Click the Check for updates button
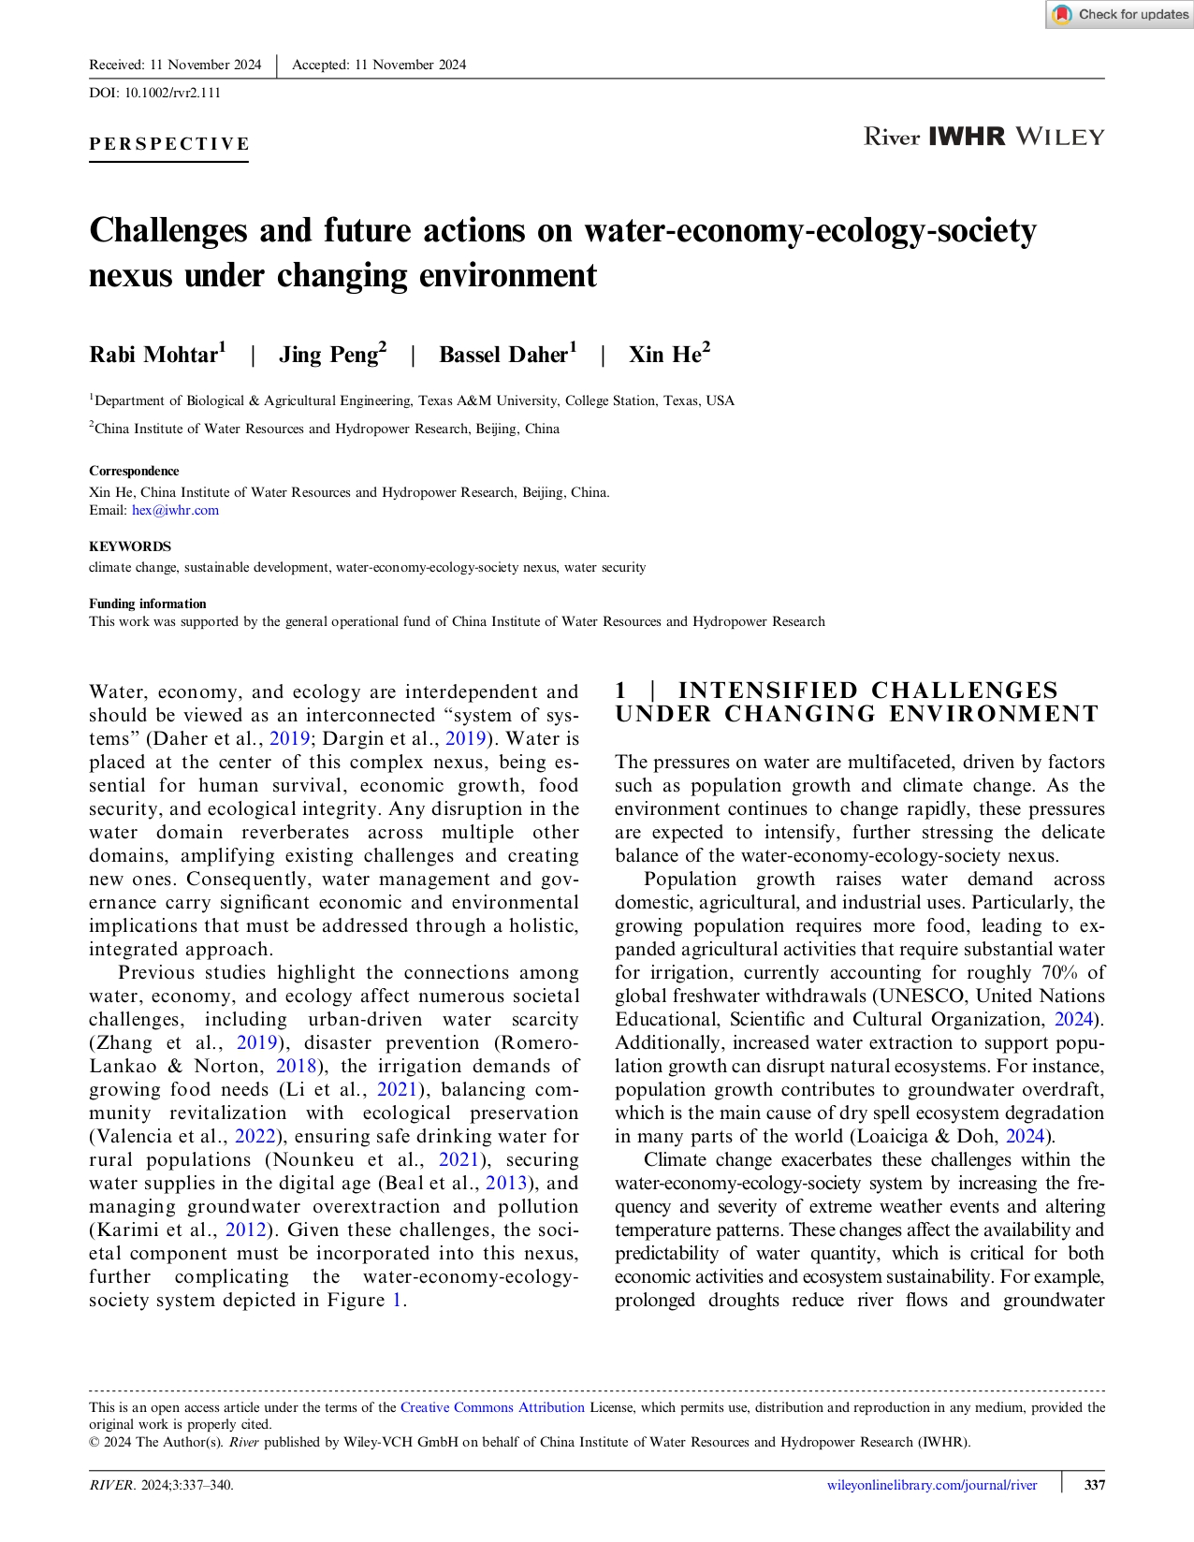(1119, 14)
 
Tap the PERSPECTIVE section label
(169, 144)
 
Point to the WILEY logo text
(1059, 137)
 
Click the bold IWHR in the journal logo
(967, 137)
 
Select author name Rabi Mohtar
(153, 355)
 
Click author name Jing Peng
(328, 355)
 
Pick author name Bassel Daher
(503, 355)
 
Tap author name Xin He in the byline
(664, 355)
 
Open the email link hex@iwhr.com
(175, 510)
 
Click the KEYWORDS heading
(130, 546)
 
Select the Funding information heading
(148, 604)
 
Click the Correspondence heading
(134, 471)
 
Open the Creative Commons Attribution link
(492, 1407)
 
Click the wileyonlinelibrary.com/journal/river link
(932, 1485)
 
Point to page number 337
(1094, 1485)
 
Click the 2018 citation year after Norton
(297, 1066)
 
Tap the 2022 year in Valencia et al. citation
(255, 1136)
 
